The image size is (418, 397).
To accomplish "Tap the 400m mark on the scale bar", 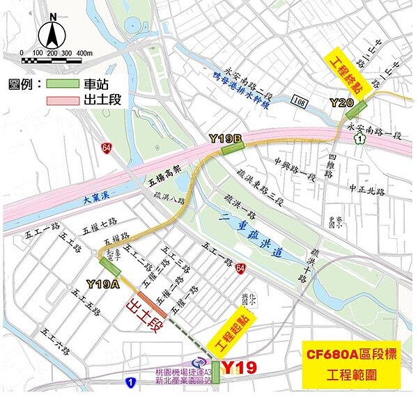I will pos(84,53).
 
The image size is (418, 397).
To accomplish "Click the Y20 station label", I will pos(342,103).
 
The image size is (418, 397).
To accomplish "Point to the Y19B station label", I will pos(225,140).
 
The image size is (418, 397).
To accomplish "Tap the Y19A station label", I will pos(102,283).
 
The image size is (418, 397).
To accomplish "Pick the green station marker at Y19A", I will pos(111,265).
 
